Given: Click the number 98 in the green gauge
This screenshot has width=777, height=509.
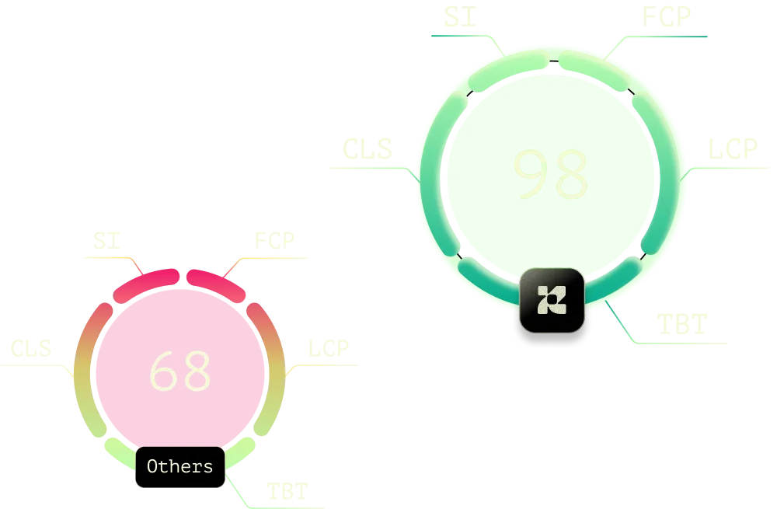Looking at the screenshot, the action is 550,174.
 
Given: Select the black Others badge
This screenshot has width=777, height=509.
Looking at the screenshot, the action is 179,467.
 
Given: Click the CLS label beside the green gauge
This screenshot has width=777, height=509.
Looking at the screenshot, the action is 365,152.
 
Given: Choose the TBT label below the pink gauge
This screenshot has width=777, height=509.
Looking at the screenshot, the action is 285,490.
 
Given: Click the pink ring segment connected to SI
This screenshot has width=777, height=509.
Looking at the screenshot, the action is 145,284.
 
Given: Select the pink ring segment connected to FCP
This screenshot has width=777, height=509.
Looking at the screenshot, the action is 214,284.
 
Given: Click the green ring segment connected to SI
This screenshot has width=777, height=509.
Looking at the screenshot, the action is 510,64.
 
